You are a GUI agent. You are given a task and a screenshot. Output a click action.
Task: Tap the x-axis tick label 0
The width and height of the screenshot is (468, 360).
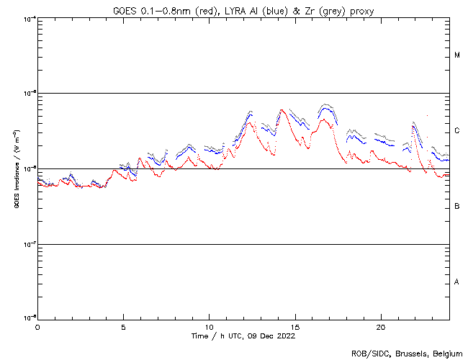click(37, 326)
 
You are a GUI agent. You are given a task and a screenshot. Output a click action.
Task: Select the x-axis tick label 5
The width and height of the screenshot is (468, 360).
click(123, 326)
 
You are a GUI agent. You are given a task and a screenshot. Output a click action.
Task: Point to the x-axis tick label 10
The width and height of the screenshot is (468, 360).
click(209, 326)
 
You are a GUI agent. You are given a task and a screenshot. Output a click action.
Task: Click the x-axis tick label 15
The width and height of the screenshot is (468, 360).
click(294, 326)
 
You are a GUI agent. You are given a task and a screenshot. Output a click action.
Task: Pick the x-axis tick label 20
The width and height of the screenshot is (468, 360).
click(380, 326)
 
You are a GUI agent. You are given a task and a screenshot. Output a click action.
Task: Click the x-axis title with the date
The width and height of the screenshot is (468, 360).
click(243, 336)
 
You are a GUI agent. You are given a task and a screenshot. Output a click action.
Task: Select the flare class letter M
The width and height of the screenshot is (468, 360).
click(457, 55)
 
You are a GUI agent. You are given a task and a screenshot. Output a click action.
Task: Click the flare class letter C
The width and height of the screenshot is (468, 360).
click(457, 131)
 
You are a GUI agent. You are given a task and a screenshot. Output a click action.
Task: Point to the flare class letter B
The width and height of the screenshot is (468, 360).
click(457, 207)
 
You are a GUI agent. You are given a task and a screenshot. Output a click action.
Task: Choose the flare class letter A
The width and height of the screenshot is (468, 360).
click(457, 282)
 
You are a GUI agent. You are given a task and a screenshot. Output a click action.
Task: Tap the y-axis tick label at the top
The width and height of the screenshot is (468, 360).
click(29, 18)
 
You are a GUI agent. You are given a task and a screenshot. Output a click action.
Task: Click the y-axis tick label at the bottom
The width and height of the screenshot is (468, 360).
click(29, 318)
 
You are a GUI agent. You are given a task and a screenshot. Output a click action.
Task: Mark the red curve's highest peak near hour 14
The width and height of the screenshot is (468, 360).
click(282, 110)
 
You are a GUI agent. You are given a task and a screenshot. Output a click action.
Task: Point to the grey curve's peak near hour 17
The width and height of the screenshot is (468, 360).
click(325, 104)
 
